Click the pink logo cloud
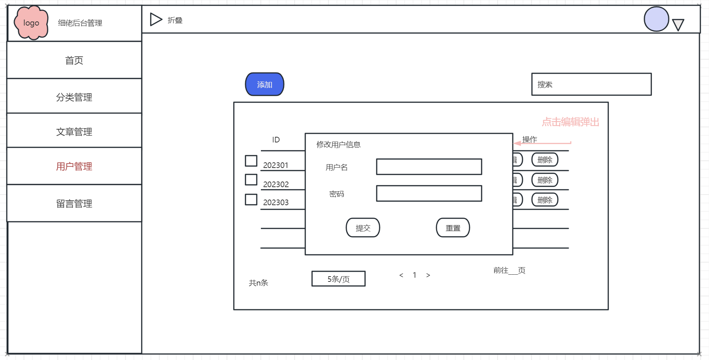pos(31,23)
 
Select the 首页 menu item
pos(74,60)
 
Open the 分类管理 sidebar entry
pos(74,97)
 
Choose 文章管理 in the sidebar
pos(74,132)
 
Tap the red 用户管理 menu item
pos(74,166)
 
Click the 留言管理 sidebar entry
pos(74,203)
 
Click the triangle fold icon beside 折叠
pos(156,20)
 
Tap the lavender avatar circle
pos(656,19)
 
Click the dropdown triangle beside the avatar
pos(678,25)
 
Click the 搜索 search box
pos(591,84)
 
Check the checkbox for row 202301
pos(251,161)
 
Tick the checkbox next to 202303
pos(251,199)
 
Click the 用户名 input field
pos(429,167)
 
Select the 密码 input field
pos(429,194)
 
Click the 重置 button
pos(453,228)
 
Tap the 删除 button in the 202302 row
pos(545,180)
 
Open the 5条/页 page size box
pos(338,279)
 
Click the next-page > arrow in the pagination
pos(428,275)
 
